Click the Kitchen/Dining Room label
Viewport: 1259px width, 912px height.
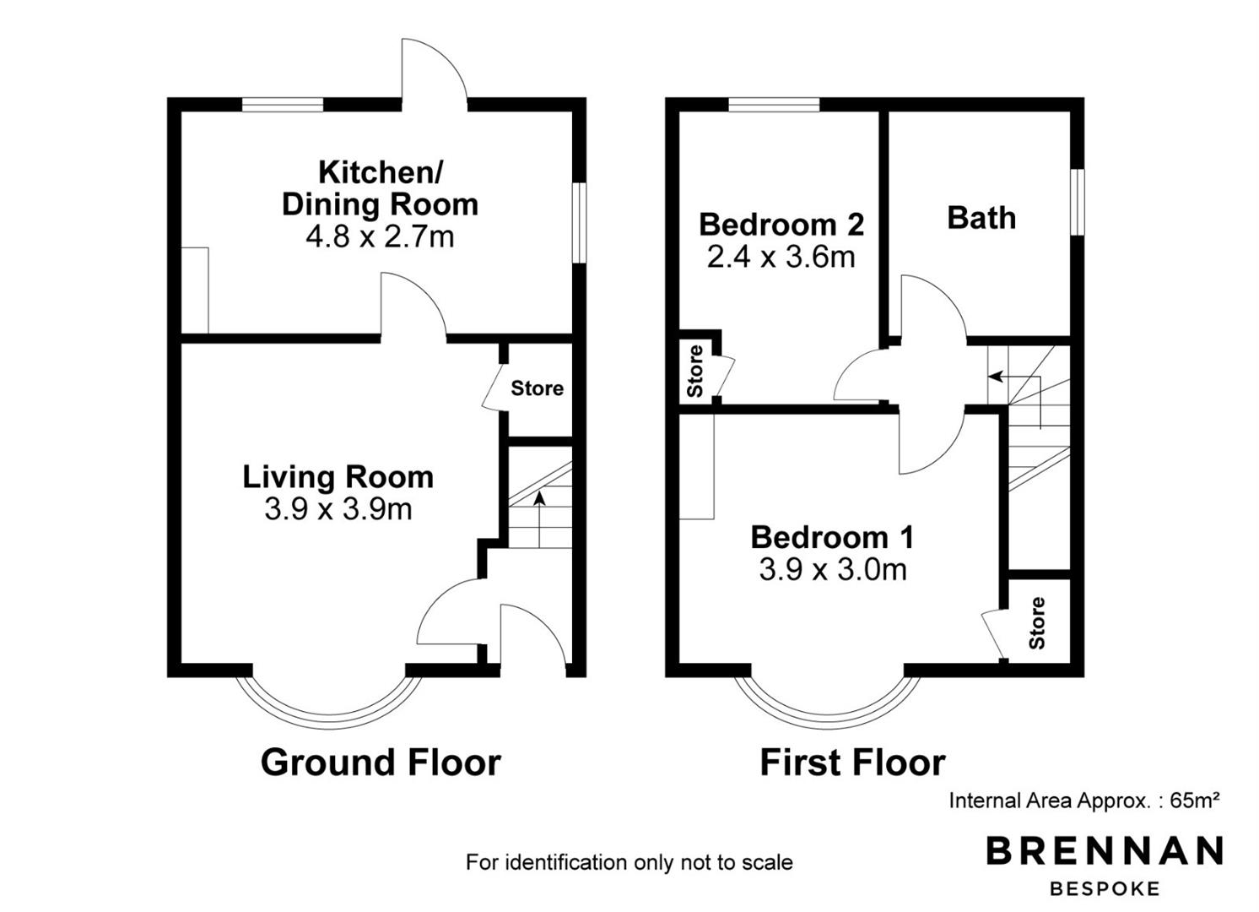coord(380,188)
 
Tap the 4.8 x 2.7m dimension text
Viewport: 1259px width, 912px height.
coord(380,236)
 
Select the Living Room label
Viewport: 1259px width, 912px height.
coord(338,477)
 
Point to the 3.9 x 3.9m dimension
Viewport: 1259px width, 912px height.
coord(338,509)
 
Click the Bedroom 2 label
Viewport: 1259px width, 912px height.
coord(781,225)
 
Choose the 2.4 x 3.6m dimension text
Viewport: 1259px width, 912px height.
coord(781,257)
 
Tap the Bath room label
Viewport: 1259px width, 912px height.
coord(981,218)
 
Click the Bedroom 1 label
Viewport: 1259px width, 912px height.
coord(832,537)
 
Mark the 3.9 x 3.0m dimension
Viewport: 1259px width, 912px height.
coord(833,569)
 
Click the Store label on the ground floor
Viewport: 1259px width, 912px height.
coord(537,388)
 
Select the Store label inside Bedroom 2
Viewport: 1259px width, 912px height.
coord(695,372)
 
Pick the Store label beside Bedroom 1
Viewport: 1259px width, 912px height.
coord(1038,623)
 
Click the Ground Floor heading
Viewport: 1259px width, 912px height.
coord(381,763)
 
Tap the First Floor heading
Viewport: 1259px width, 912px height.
coord(852,763)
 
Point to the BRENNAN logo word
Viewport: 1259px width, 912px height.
coord(1105,850)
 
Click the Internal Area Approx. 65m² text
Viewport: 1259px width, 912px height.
coord(1084,801)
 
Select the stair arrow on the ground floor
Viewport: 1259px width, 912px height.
coord(539,519)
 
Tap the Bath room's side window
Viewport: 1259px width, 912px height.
coord(1078,202)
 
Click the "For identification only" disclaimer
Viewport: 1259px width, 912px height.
coord(629,862)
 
